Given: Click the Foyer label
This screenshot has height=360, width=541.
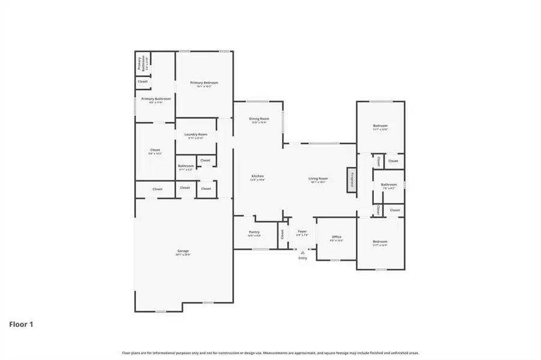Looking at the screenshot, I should pos(302,231).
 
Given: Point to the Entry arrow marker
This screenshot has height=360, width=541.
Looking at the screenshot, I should pos(302,252).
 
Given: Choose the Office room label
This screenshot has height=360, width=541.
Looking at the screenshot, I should pos(337,237).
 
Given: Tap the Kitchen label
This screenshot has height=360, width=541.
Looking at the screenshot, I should pos(257,176).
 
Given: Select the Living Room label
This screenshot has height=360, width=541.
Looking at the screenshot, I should pos(319,178).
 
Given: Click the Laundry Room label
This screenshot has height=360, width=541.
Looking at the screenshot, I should pos(196,135).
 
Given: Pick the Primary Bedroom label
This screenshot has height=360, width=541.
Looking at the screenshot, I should pos(204,82).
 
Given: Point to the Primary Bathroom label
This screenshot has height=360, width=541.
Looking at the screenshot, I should pos(156,99).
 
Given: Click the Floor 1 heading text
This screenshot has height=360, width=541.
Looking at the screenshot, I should pos(21,324).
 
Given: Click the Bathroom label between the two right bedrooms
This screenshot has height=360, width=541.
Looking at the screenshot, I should pos(389,185).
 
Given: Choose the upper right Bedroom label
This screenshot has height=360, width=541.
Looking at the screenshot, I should pos(380,126).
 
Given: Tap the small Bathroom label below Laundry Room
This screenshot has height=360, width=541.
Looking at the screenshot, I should pos(186,166).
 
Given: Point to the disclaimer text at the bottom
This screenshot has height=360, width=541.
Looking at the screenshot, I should pos(270,353).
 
